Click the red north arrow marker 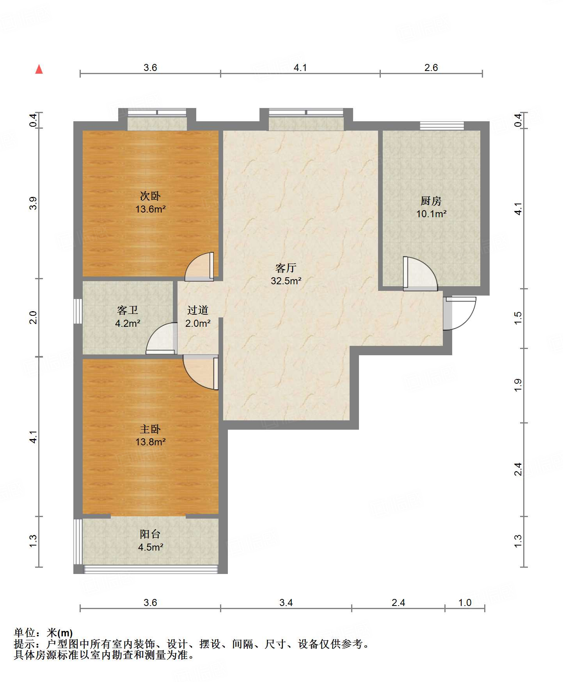tap(39, 69)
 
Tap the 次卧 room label tap(150, 196)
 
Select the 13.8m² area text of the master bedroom tap(150, 442)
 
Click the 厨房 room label tap(431, 201)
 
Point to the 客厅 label tap(286, 268)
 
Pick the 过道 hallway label tap(198, 310)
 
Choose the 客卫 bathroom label tap(128, 310)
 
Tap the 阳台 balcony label tap(150, 534)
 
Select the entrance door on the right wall tap(460, 314)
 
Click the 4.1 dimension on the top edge tap(300, 67)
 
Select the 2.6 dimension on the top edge tap(431, 67)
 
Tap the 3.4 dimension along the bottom tap(286, 602)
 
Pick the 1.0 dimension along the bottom tap(465, 602)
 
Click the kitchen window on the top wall tap(442, 126)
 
